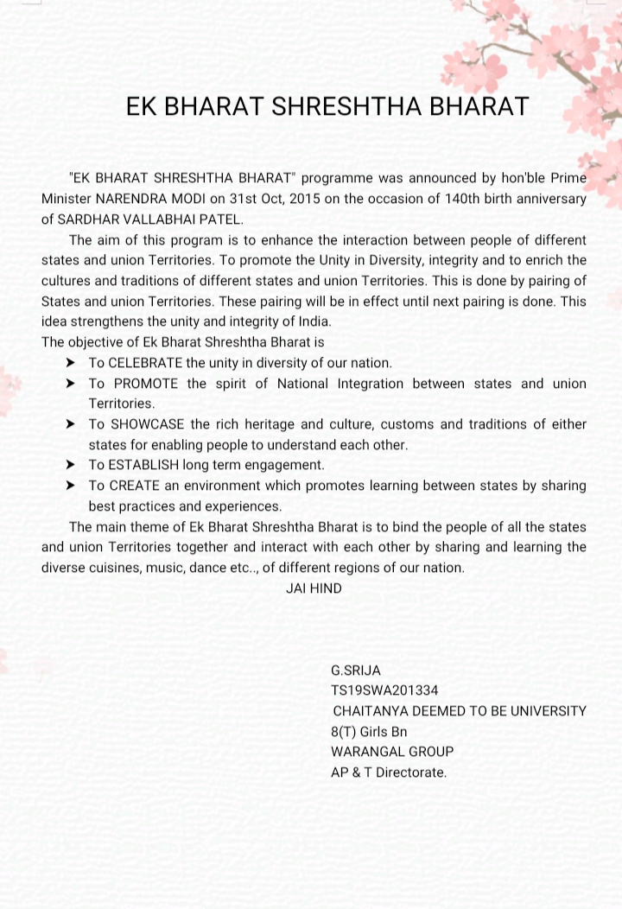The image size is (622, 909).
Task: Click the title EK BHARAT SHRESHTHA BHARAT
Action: pos(327,106)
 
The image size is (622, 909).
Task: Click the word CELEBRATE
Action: pos(145,363)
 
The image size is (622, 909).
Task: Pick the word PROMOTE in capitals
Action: pos(146,384)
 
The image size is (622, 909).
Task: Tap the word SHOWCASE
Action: pos(147,424)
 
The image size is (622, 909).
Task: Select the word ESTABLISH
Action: pos(143,465)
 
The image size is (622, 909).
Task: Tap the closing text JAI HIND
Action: pos(314,588)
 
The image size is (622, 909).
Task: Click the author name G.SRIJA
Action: pos(355,671)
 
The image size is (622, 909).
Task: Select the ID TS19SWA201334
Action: pos(384,690)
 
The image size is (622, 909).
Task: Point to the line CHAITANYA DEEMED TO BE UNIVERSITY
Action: pos(460,711)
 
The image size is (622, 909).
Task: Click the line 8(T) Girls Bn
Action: pos(369,732)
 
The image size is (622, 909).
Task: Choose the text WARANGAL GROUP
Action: pos(392,752)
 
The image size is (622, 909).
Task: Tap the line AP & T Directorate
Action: pos(389,772)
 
